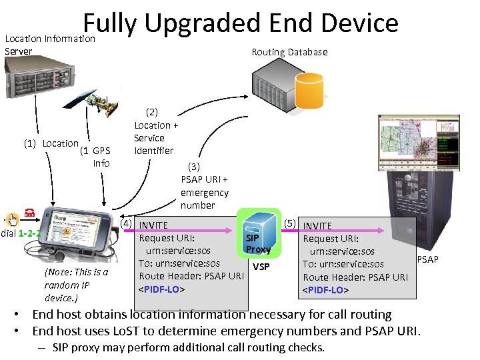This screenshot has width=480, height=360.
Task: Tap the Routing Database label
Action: point(289,52)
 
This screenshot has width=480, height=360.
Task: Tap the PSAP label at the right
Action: point(427,259)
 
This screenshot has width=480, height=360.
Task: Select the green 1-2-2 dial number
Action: point(30,234)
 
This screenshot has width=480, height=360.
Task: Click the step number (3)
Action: point(194,166)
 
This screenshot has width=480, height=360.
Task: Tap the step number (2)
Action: point(152,112)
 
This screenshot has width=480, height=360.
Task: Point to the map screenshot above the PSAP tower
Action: point(418,143)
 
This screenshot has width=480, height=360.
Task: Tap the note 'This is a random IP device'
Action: point(75,285)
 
